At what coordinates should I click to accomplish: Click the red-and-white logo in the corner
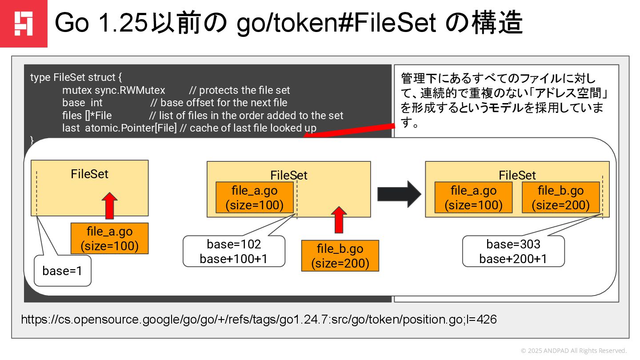pyautogui.click(x=23, y=23)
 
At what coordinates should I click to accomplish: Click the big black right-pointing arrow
pyautogui.click(x=399, y=194)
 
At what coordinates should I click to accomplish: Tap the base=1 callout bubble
pyautogui.click(x=63, y=270)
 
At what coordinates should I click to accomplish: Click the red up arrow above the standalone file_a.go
pyautogui.click(x=109, y=206)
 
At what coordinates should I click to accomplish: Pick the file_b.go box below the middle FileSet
pyautogui.click(x=340, y=256)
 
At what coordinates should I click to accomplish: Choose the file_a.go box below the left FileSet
pyautogui.click(x=109, y=238)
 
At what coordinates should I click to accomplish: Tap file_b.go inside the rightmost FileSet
pyautogui.click(x=561, y=197)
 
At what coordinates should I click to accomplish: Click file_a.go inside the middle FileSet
pyautogui.click(x=254, y=197)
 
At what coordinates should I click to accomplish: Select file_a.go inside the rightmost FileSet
pyautogui.click(x=473, y=197)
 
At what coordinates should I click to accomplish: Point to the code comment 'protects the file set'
pyautogui.click(x=244, y=90)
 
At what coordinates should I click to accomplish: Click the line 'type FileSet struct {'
pyautogui.click(x=76, y=77)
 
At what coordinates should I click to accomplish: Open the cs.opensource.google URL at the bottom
pyautogui.click(x=259, y=320)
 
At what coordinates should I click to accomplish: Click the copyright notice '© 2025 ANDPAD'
pyautogui.click(x=573, y=351)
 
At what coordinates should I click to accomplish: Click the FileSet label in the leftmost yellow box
pyautogui.click(x=89, y=174)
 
